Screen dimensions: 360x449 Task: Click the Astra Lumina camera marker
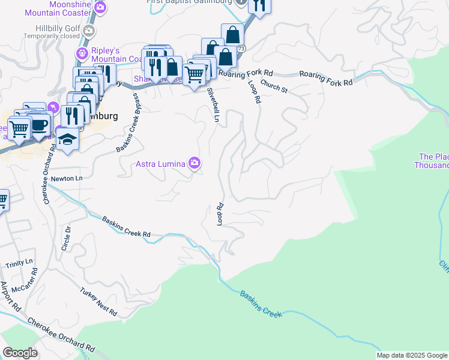tap(194, 163)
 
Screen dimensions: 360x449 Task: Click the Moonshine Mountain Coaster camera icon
tap(100, 8)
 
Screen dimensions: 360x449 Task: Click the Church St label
tap(274, 87)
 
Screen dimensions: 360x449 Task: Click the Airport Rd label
tap(11, 298)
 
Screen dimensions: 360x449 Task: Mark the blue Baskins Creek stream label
tap(261, 305)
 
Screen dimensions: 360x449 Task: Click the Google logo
tap(20, 353)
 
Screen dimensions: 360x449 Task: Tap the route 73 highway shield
tap(241, 48)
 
